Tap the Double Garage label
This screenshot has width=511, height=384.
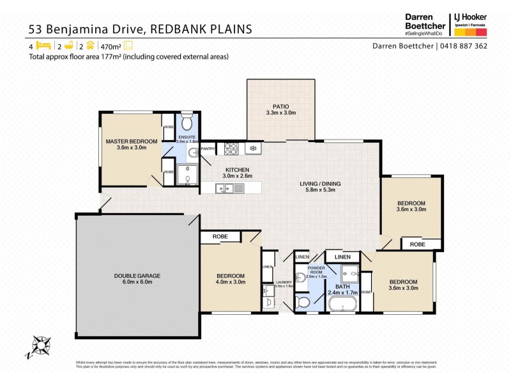(137, 276)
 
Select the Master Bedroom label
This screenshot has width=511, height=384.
(132, 141)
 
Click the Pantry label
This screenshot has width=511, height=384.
(208, 148)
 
